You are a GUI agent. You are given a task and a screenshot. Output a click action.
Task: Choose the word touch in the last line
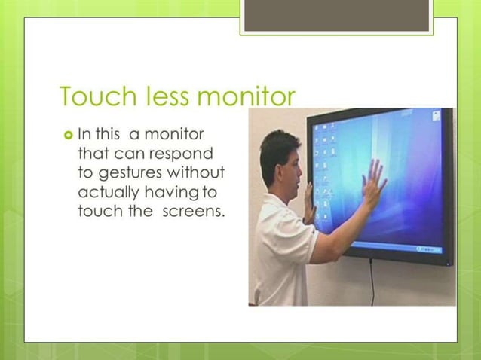(99, 210)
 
